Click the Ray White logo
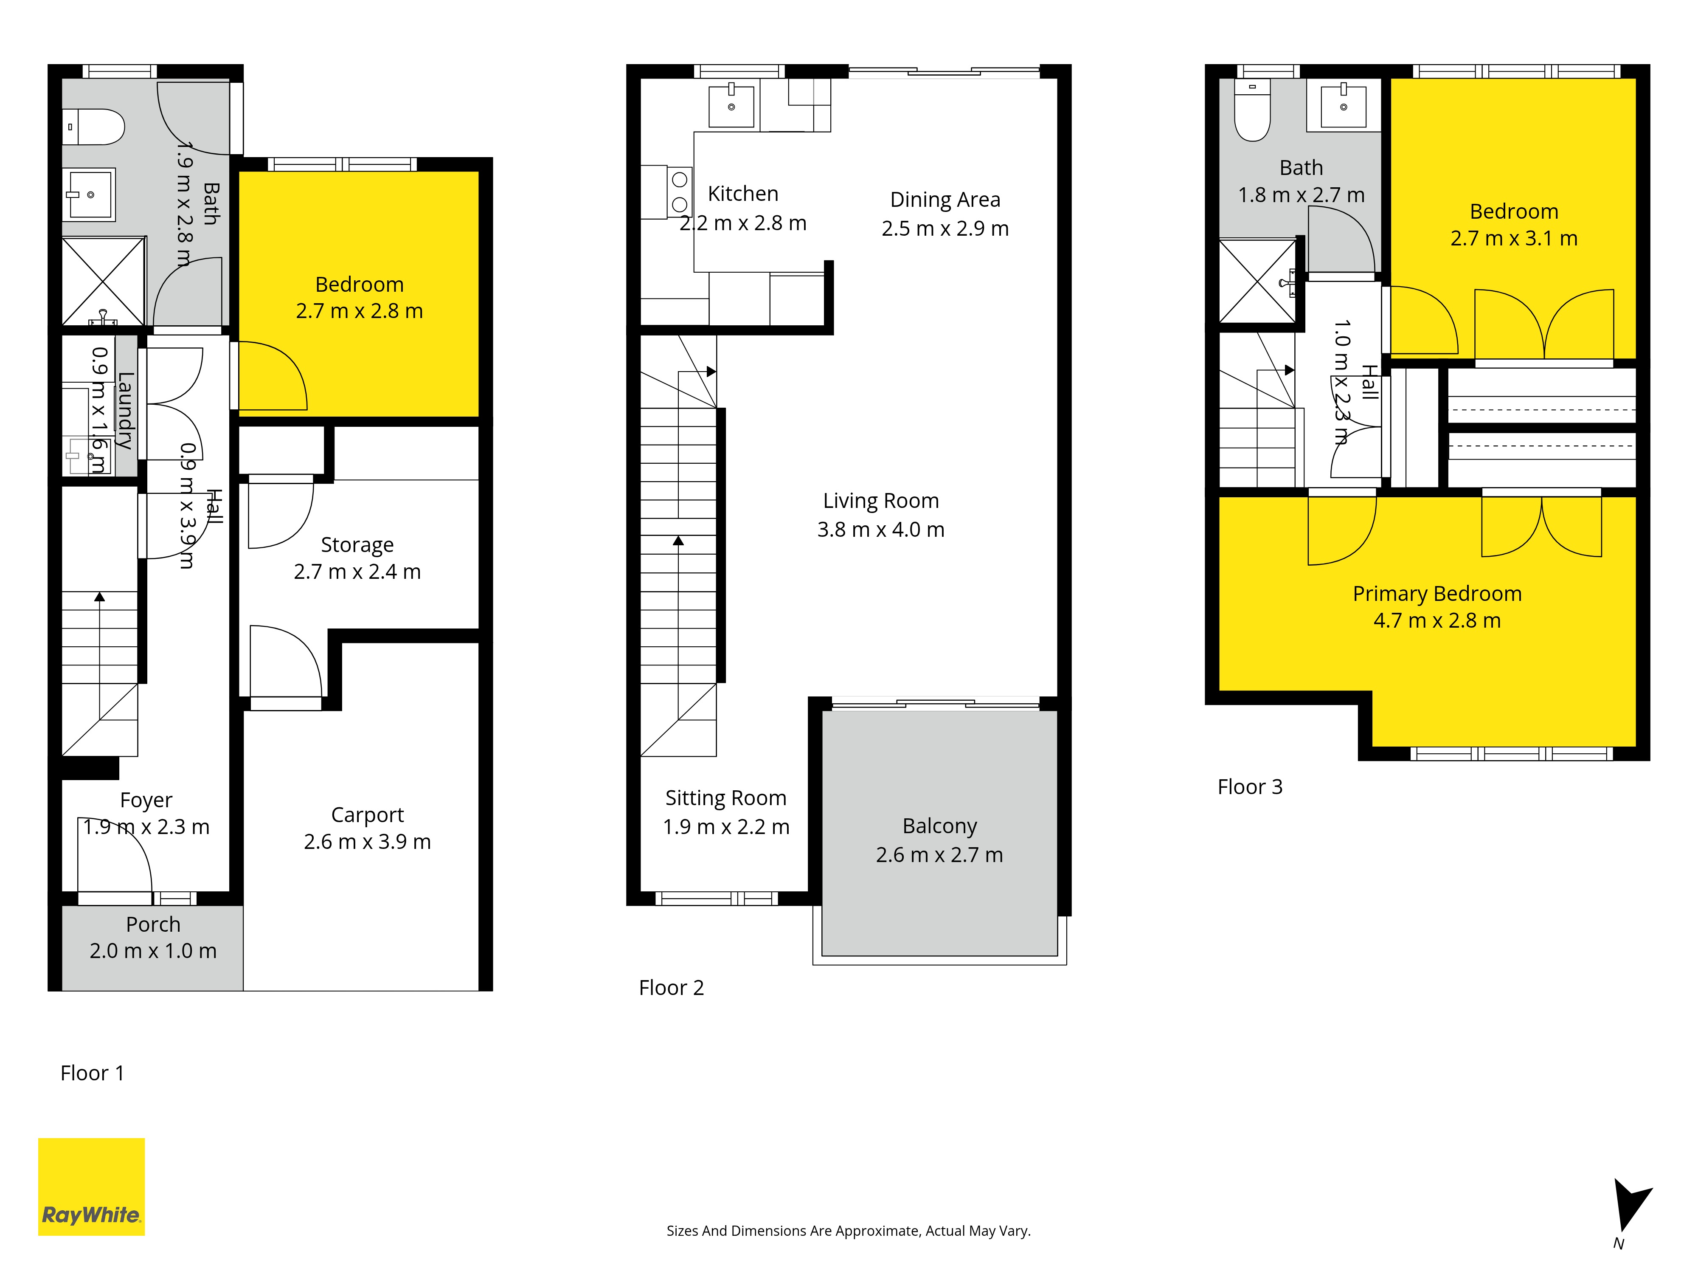point(91,1187)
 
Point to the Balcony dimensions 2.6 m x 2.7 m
point(939,855)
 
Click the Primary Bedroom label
point(1437,594)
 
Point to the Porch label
point(154,924)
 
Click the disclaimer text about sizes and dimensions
point(848,1231)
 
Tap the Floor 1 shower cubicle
point(103,281)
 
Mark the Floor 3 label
point(1250,787)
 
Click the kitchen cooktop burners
point(679,192)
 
